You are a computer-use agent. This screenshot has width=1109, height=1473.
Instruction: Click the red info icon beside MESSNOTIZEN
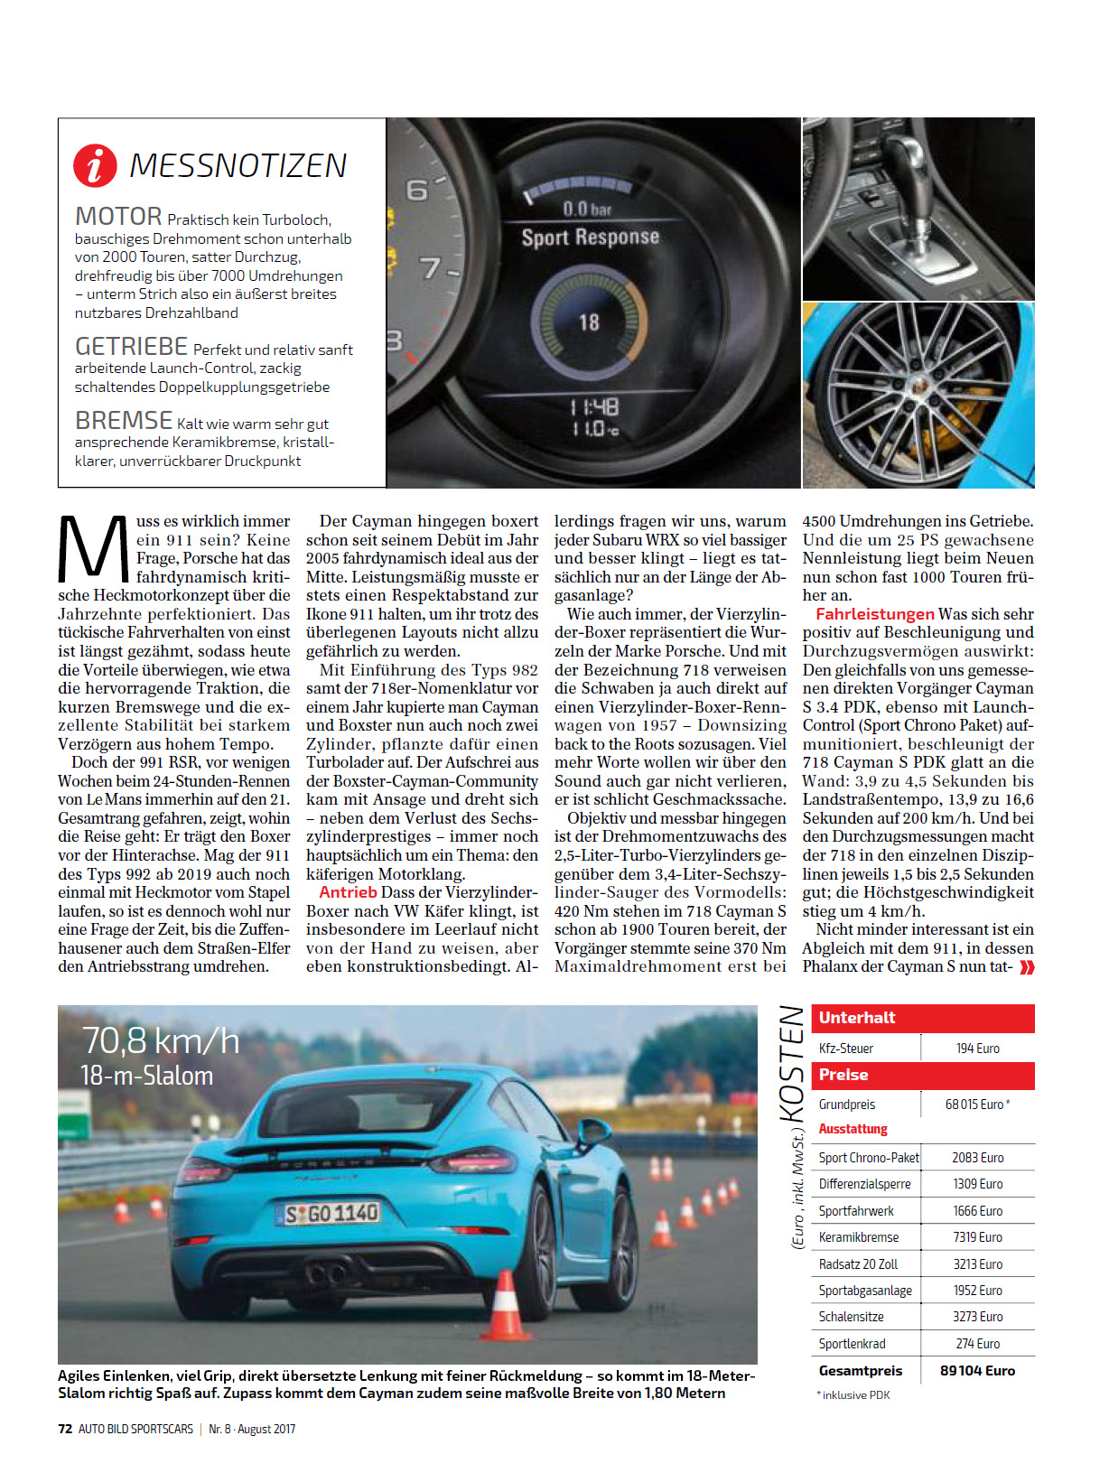pyautogui.click(x=95, y=165)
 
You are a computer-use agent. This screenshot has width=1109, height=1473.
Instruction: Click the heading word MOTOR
pyautogui.click(x=118, y=217)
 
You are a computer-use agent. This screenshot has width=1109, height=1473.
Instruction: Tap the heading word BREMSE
pyautogui.click(x=124, y=421)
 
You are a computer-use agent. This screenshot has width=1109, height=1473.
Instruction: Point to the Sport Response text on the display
pyautogui.click(x=590, y=238)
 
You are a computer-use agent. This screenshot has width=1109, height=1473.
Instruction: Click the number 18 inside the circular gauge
pyautogui.click(x=589, y=322)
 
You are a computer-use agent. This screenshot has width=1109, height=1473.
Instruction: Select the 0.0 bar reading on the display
pyautogui.click(x=587, y=210)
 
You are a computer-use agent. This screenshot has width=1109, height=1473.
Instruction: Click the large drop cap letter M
pyautogui.click(x=94, y=549)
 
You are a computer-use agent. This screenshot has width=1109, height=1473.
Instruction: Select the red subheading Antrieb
pyautogui.click(x=348, y=892)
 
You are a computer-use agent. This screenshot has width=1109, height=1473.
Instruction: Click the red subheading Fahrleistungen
pyautogui.click(x=874, y=614)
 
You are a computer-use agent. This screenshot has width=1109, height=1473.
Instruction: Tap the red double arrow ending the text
pyautogui.click(x=1027, y=967)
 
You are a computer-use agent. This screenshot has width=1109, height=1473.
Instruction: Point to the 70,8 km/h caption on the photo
pyautogui.click(x=161, y=1041)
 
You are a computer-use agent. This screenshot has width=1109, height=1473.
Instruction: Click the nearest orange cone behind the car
pyautogui.click(x=505, y=1307)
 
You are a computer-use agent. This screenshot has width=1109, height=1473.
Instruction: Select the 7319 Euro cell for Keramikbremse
pyautogui.click(x=977, y=1237)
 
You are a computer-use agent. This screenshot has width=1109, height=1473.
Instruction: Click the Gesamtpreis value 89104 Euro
pyautogui.click(x=977, y=1371)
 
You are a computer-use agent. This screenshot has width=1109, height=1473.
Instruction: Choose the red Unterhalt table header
pyautogui.click(x=922, y=1018)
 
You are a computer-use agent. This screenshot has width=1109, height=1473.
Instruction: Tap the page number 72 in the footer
pyautogui.click(x=65, y=1429)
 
